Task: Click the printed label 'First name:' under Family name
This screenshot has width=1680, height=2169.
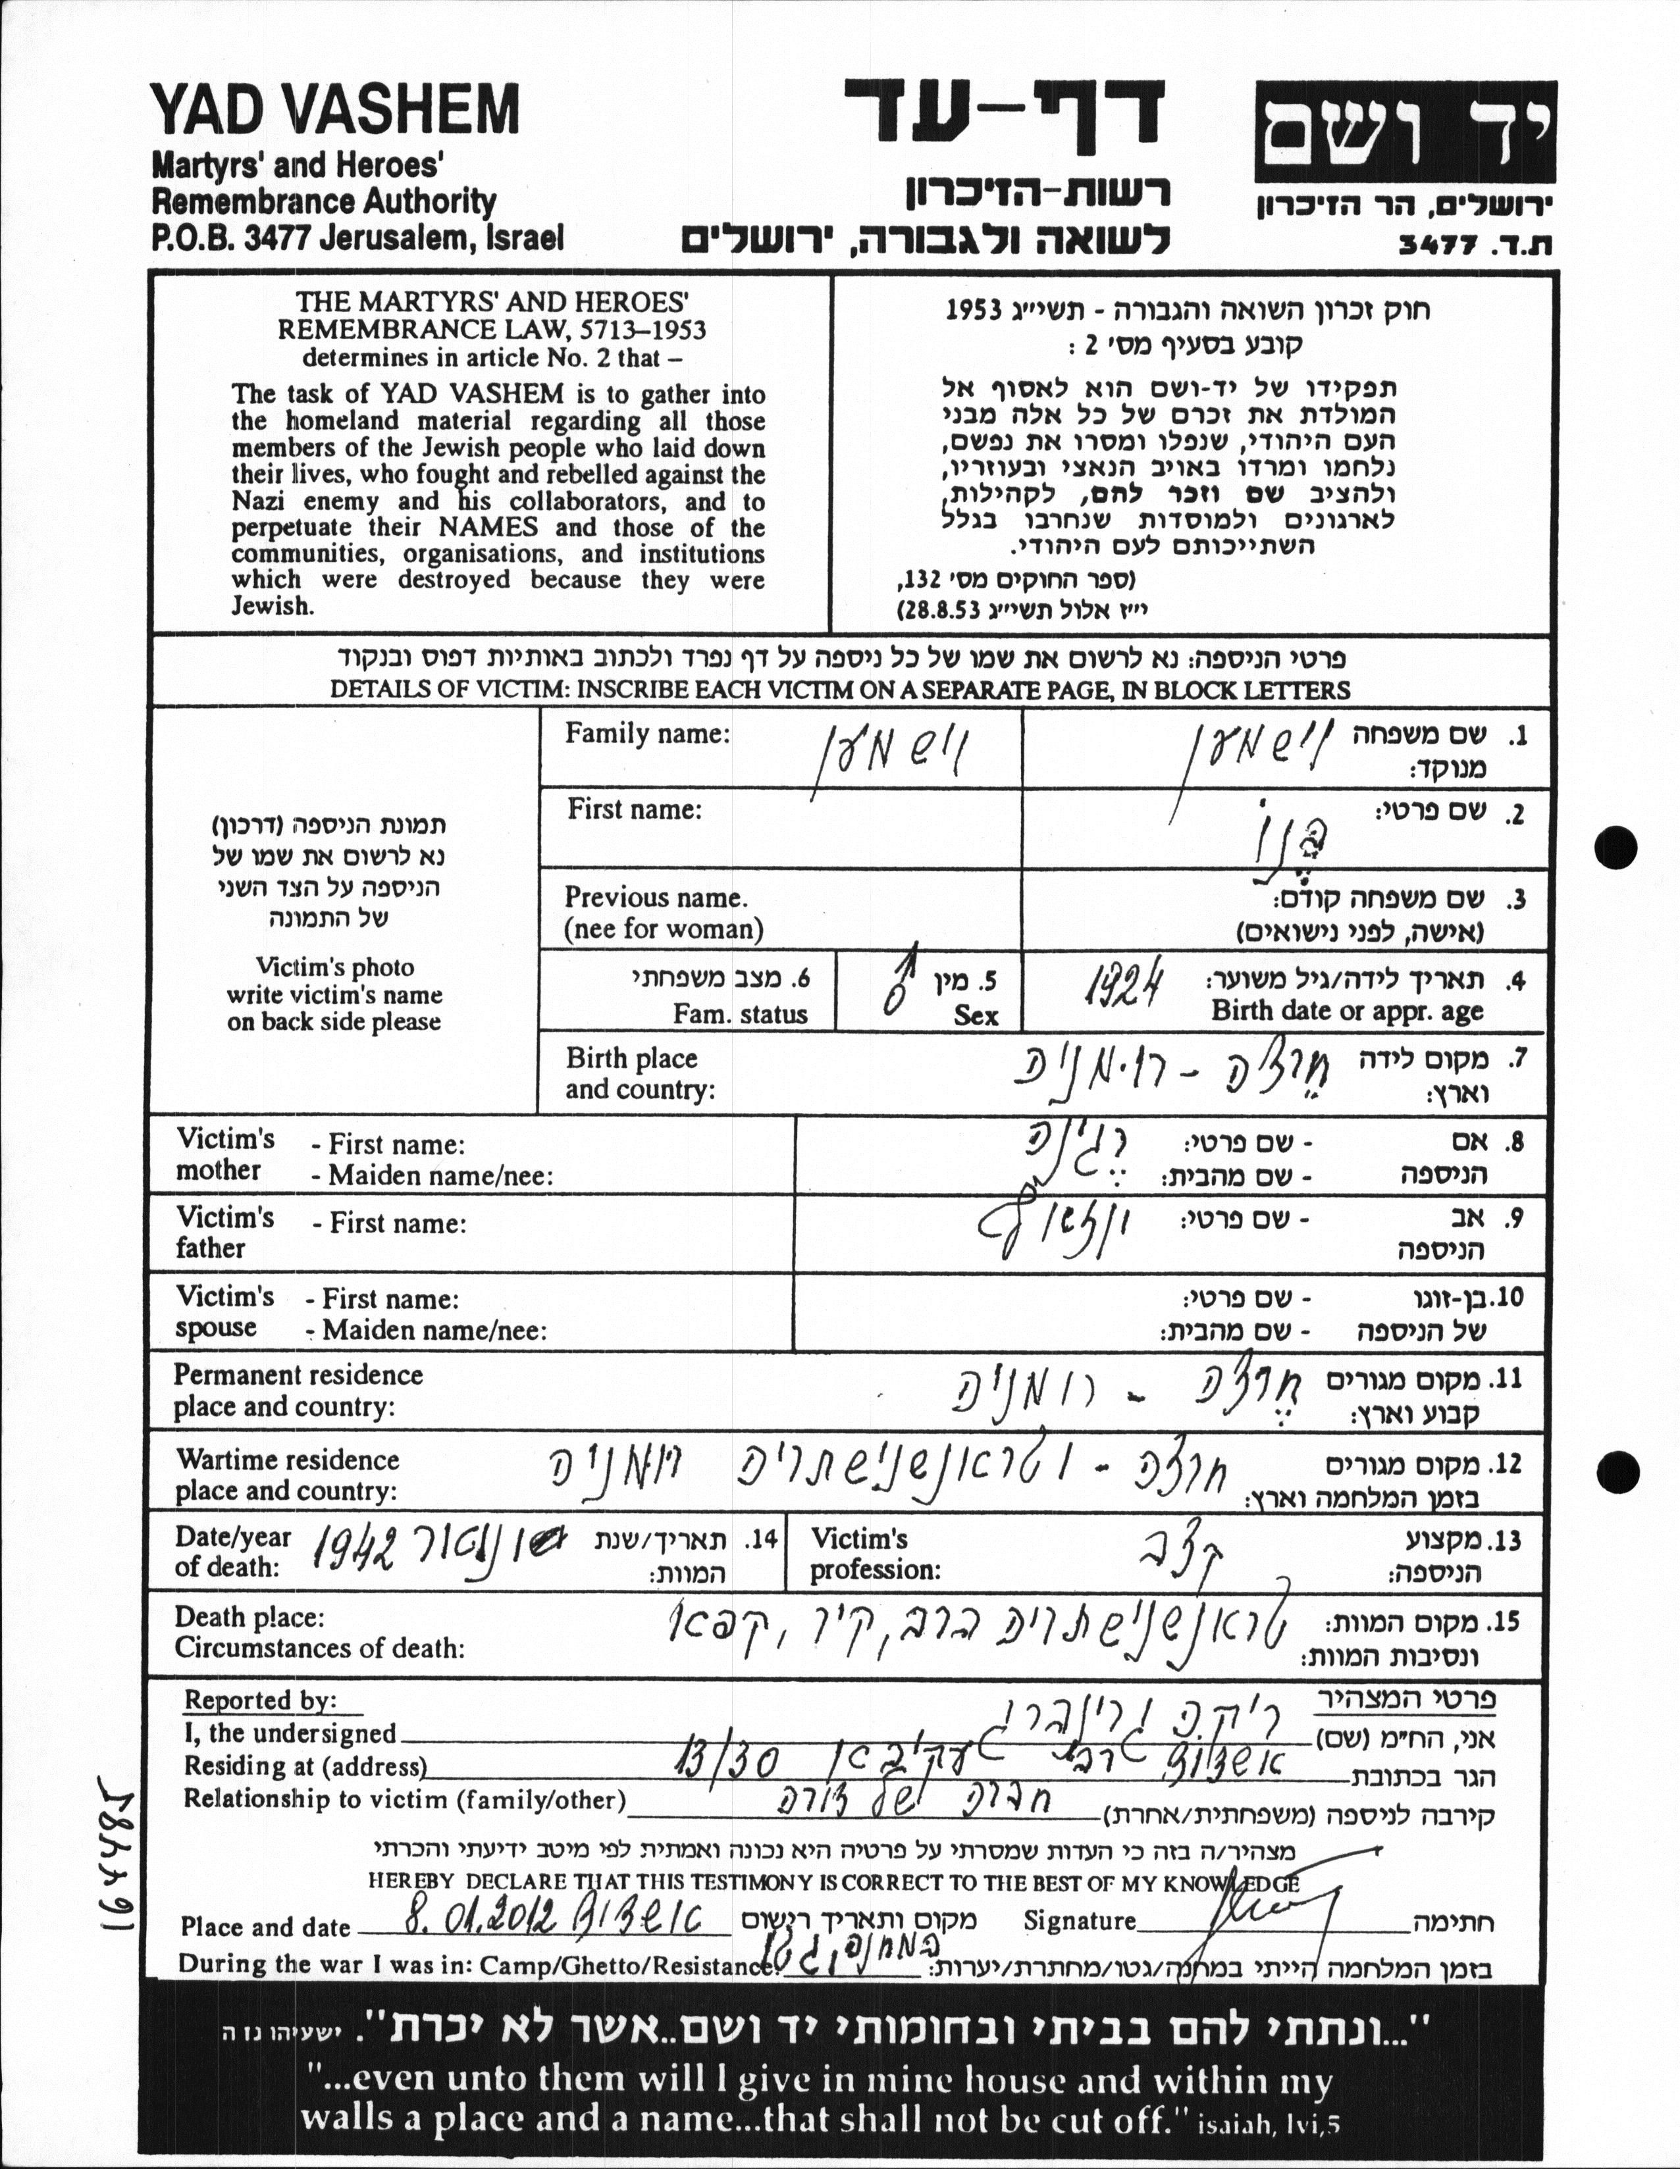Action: pos(634,810)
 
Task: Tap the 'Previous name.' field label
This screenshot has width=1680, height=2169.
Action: pos(656,898)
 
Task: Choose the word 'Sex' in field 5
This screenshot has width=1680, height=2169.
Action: pos(976,1015)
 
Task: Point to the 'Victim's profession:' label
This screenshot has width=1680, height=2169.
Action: pos(874,1554)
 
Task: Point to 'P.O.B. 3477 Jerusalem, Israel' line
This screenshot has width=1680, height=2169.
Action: pos(357,238)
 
